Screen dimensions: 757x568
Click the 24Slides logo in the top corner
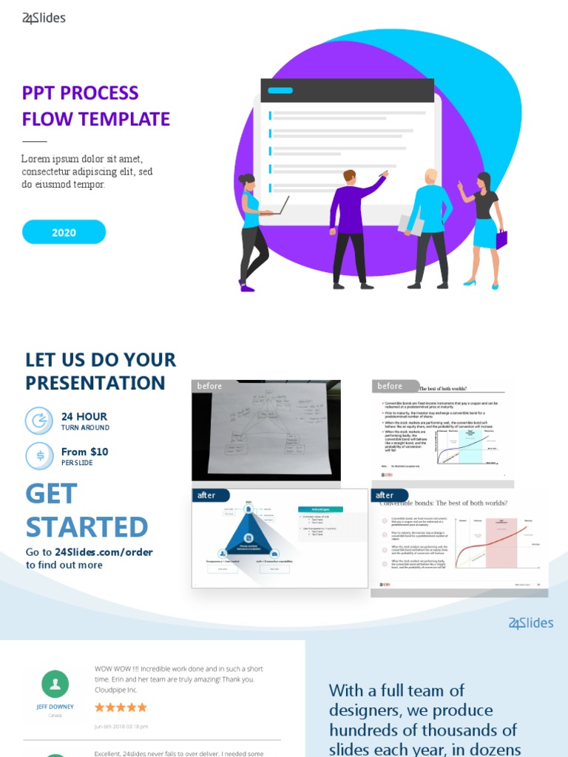point(44,18)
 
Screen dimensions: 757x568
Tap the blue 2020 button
point(64,232)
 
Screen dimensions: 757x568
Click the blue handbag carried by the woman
point(501,239)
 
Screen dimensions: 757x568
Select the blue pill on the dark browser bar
point(280,92)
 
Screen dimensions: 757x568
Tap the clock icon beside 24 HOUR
point(39,421)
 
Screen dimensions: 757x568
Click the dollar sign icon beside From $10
point(39,455)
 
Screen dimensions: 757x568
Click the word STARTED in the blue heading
point(87,526)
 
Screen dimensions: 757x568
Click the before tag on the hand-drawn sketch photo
point(209,386)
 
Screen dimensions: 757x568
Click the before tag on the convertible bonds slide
point(390,386)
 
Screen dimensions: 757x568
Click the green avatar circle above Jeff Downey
point(55,685)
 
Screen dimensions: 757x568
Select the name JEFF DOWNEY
point(55,707)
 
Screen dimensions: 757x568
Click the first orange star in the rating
point(100,707)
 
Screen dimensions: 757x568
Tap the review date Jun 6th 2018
point(121,727)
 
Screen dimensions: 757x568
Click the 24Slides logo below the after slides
point(530,623)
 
